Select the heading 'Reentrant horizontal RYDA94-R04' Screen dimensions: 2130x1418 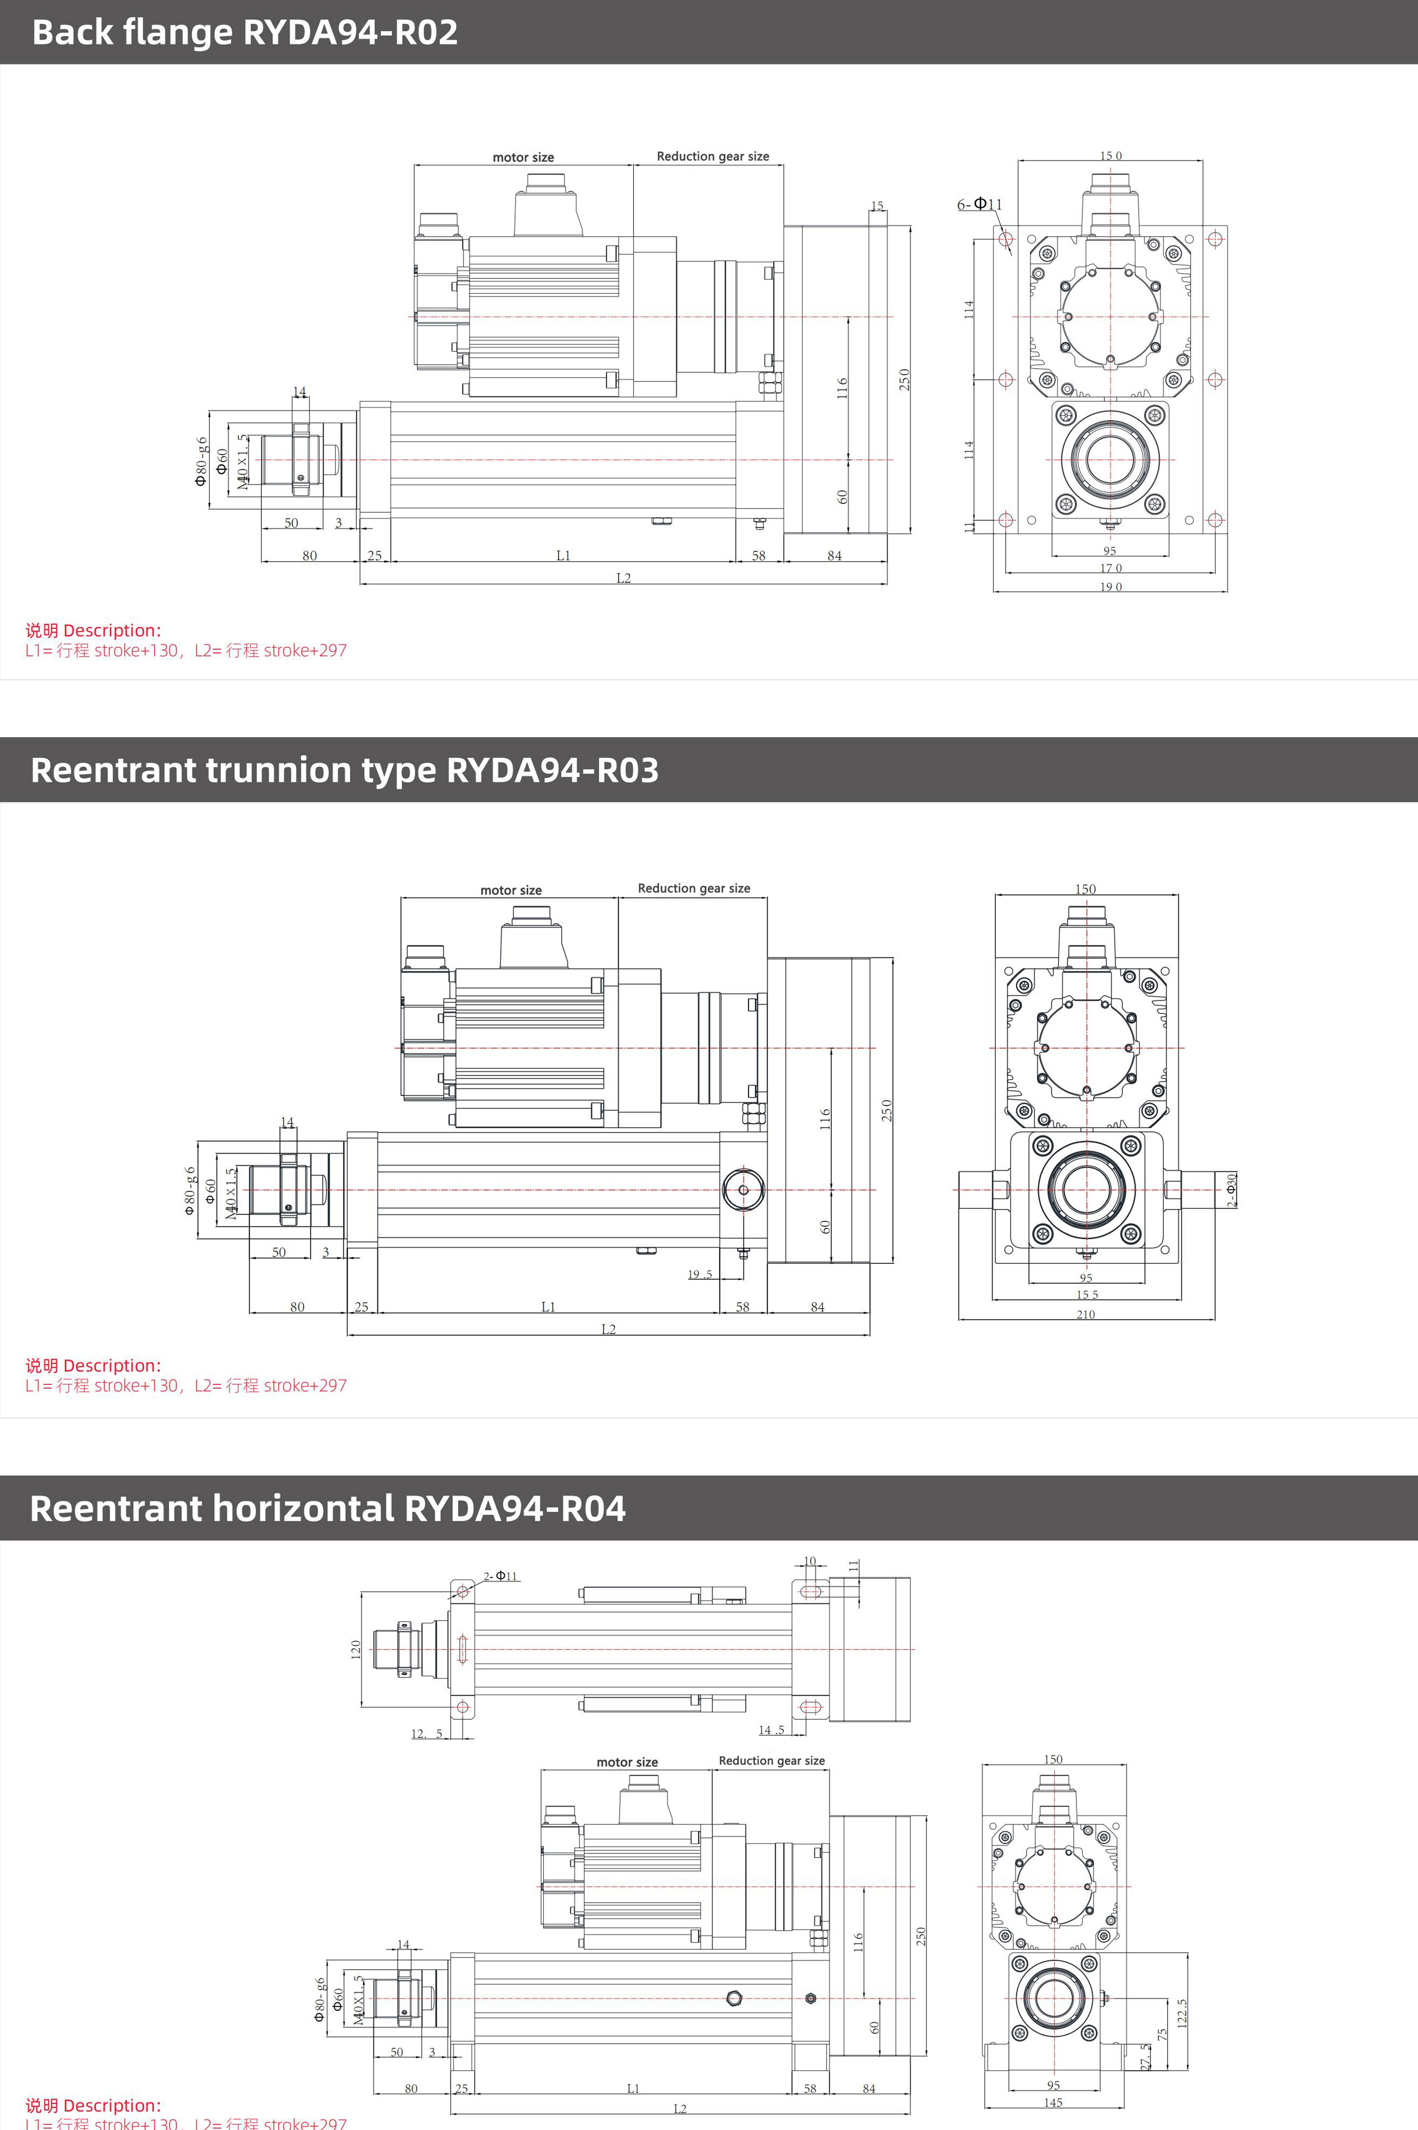(x=327, y=1508)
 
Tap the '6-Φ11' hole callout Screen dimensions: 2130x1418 (x=979, y=204)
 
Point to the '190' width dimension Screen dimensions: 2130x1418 (x=1111, y=587)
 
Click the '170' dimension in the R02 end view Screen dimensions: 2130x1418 (x=1111, y=568)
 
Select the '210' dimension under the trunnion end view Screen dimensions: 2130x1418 (x=1085, y=1315)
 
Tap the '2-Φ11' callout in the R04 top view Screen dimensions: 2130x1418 (x=500, y=1576)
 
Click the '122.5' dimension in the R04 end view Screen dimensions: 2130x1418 (x=1182, y=2012)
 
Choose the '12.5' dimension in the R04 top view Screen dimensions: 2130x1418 (x=427, y=1733)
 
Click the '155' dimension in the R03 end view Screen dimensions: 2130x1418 (x=1087, y=1295)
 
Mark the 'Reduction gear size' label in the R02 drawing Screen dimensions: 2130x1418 (x=713, y=157)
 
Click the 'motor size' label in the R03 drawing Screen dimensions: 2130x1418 (x=511, y=890)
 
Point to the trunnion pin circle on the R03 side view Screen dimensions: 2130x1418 (x=743, y=1190)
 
